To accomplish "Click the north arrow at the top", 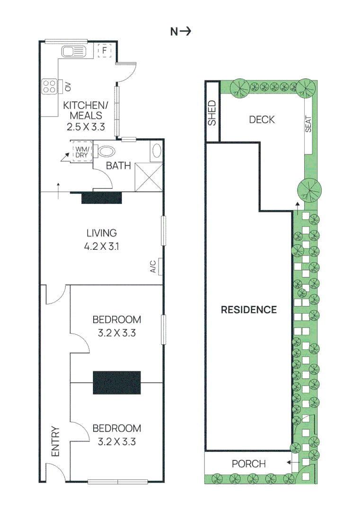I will pyautogui.click(x=180, y=32).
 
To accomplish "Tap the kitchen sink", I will pyautogui.click(x=72, y=51).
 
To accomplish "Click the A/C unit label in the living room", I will pyautogui.click(x=153, y=267).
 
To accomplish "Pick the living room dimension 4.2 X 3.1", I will pyautogui.click(x=101, y=246).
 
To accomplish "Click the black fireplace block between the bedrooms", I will pyautogui.click(x=117, y=382).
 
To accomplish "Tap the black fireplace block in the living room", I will pyautogui.click(x=102, y=198).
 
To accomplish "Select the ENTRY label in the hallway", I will pyautogui.click(x=55, y=442).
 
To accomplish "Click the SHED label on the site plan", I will pyautogui.click(x=212, y=113).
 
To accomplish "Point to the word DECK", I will pyautogui.click(x=261, y=119).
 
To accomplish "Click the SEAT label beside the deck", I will pyautogui.click(x=308, y=124).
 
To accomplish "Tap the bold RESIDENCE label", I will pyautogui.click(x=249, y=310).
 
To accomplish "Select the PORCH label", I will pyautogui.click(x=248, y=464).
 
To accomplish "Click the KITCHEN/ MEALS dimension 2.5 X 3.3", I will pyautogui.click(x=83, y=126).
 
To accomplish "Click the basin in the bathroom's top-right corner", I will pyautogui.click(x=157, y=151).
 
